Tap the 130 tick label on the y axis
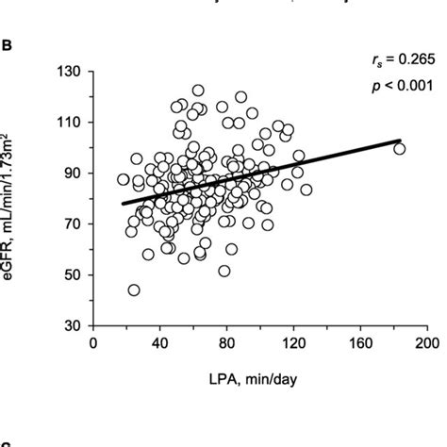[x=69, y=72]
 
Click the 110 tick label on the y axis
[x=69, y=123]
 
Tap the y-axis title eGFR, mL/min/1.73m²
[x=16, y=199]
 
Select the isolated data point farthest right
[x=399, y=148]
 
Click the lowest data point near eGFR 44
[x=134, y=290]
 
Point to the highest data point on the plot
[x=198, y=91]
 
